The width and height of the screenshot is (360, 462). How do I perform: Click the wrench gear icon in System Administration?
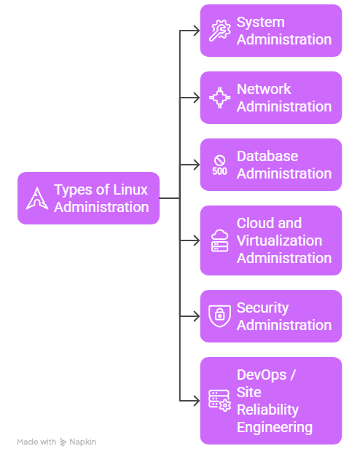coord(219,31)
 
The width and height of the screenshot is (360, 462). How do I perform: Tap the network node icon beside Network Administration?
coord(219,98)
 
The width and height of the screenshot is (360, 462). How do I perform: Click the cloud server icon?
coord(219,240)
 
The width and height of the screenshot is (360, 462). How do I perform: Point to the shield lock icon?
coord(219,316)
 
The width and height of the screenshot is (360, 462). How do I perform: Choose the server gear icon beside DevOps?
coord(219,401)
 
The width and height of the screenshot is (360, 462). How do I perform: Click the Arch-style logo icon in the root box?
coord(36,198)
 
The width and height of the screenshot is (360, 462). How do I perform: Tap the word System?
coord(260,22)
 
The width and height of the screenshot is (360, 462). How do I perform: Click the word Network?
coord(264,89)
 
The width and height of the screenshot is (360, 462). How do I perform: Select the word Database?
coord(267,156)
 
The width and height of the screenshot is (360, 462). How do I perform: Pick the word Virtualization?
coord(279,240)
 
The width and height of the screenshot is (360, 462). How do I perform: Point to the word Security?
coord(262,308)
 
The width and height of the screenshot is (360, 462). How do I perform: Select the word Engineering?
coord(274,427)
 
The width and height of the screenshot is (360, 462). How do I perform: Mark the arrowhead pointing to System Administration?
coord(195,31)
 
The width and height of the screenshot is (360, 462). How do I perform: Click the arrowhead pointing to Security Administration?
coord(195,316)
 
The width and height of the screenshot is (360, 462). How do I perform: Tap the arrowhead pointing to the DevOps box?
coord(195,401)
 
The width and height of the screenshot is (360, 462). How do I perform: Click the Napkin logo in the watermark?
coord(63,442)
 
